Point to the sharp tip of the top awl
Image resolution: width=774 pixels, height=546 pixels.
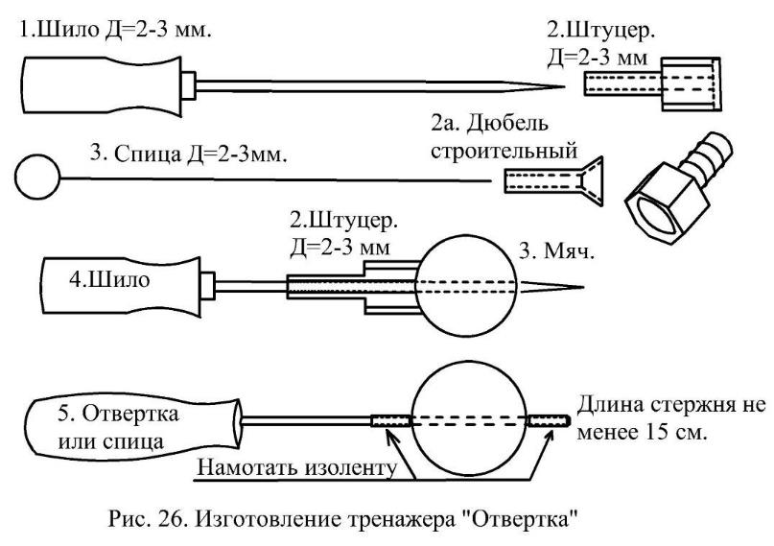click(560, 89)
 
